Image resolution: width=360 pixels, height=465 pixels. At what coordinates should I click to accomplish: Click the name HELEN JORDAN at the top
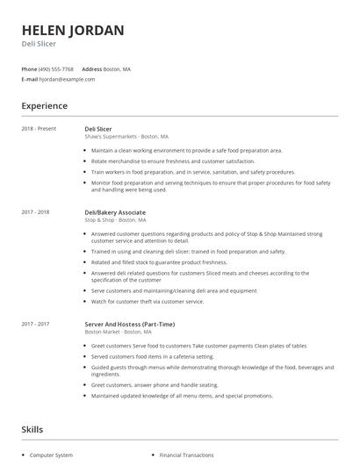[x=73, y=30]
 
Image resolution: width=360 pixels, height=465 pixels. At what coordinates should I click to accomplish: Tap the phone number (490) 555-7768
[x=56, y=68]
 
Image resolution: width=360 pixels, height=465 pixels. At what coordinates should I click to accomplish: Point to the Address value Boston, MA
[x=118, y=68]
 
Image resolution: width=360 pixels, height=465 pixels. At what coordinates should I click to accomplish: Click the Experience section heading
[x=44, y=106]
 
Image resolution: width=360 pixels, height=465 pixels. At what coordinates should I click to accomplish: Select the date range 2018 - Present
[x=39, y=129]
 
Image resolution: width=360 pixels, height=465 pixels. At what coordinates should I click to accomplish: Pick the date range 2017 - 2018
[x=35, y=212]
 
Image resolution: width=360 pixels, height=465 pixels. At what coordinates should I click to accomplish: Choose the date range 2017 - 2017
[x=35, y=324]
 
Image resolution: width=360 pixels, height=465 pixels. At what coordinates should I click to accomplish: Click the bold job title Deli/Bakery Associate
[x=115, y=212]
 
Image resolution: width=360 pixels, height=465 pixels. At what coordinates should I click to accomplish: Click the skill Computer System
[x=53, y=455]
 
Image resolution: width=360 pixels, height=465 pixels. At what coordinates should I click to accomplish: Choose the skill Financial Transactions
[x=186, y=455]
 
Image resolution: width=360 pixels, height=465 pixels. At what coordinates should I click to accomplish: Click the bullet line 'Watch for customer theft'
[x=148, y=301]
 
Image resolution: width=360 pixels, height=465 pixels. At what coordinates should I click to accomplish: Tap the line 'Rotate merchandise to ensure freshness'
[x=161, y=161]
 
